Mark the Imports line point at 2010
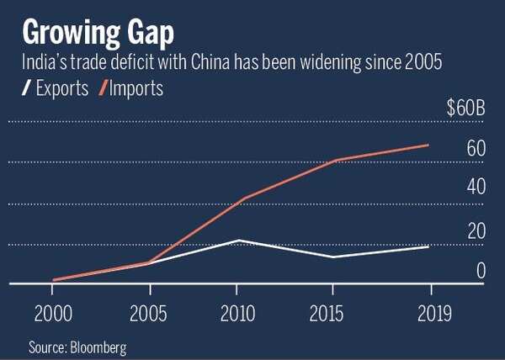point(242,199)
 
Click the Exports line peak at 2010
point(242,241)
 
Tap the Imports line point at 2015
point(336,160)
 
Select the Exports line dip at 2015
point(336,257)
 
